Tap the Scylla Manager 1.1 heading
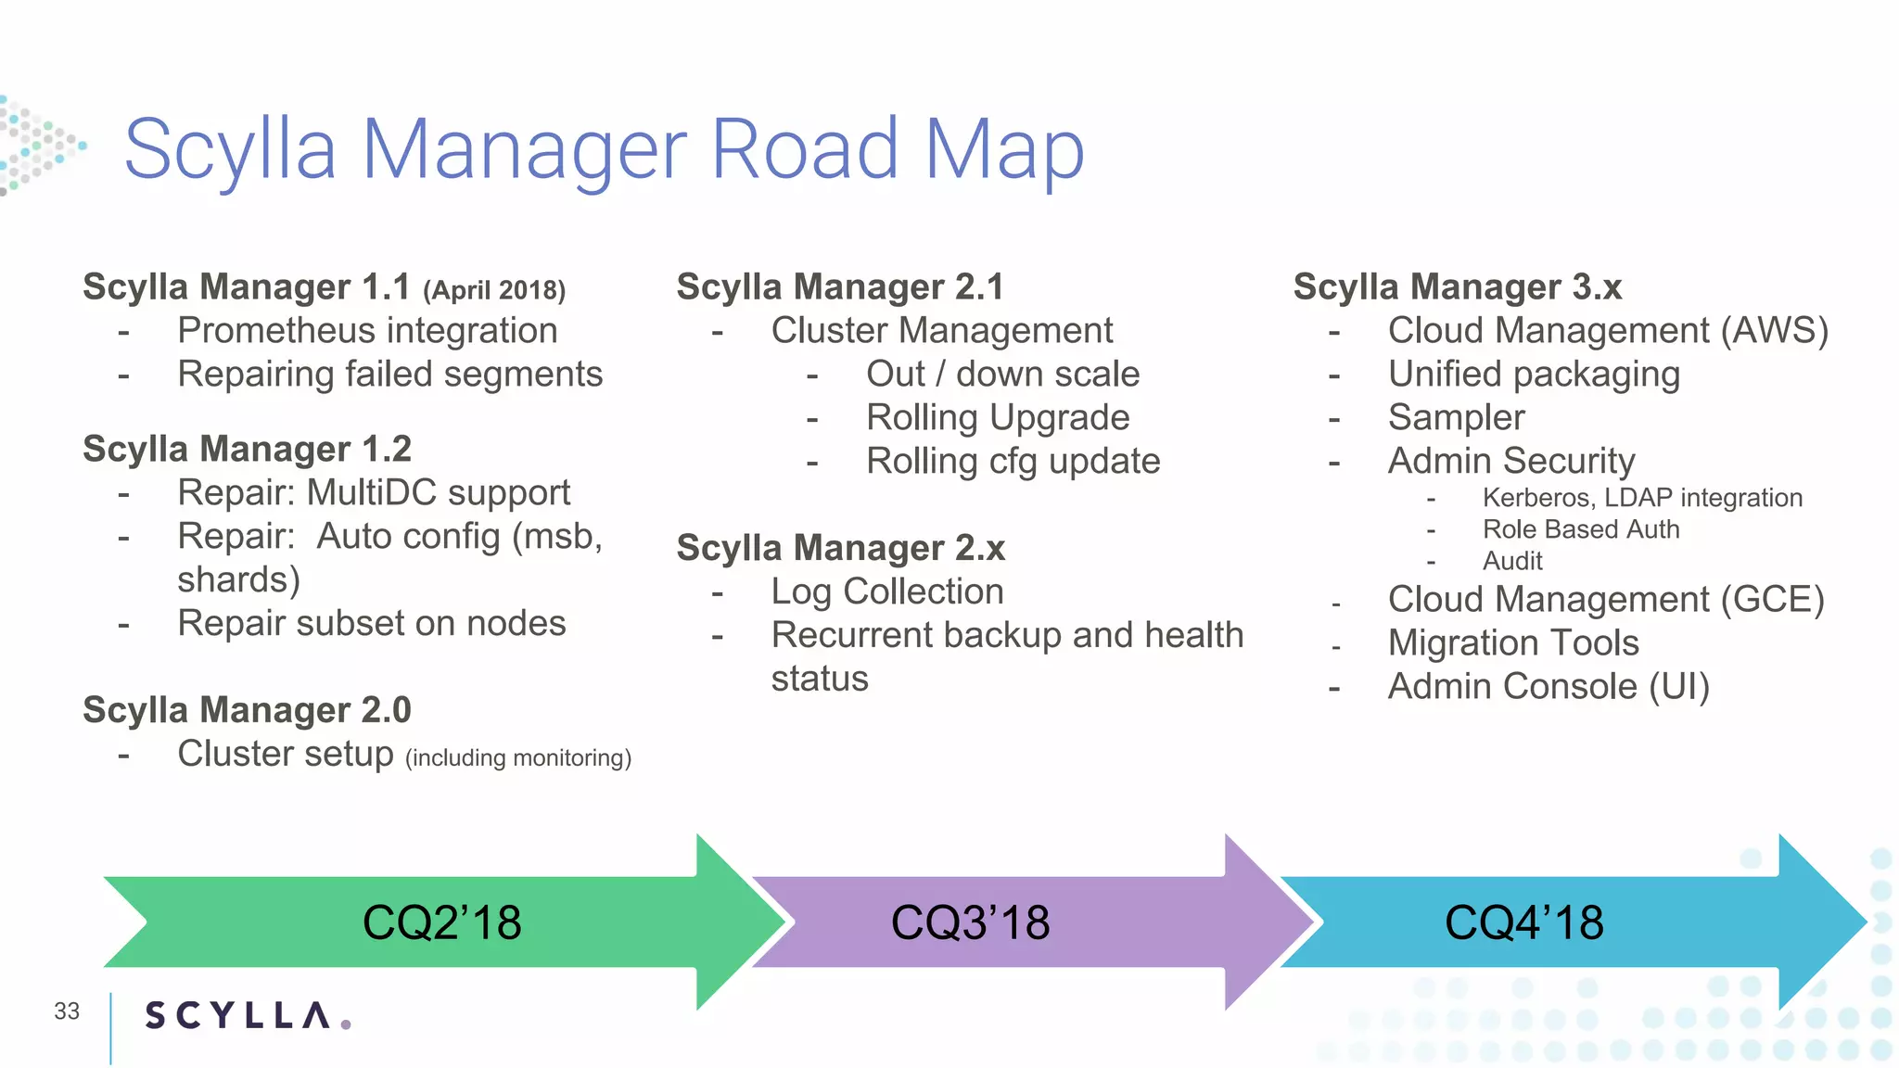pos(246,287)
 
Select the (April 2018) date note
pos(494,290)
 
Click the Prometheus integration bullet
pos(367,331)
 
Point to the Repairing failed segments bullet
pos(389,375)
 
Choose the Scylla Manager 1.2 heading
pos(247,450)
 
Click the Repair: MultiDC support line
pos(374,493)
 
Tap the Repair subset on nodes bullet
pos(371,624)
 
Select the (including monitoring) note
pos(518,758)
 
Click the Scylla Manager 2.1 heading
pos(840,287)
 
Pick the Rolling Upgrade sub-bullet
pos(998,418)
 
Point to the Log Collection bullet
pos(887,592)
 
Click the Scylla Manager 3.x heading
pos(1458,287)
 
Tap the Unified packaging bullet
pos(1534,375)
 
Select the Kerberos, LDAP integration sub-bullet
pos(1642,498)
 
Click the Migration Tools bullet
pos(1513,643)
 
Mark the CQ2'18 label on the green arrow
pos(441,923)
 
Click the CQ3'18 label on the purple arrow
pos(970,923)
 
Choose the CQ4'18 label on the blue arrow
pos(1523,923)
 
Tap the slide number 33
pos(67,1011)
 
